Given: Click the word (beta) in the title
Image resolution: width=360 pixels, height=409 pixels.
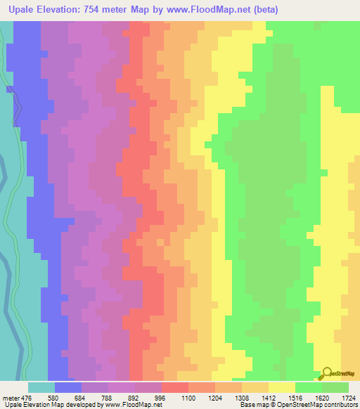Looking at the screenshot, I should [x=265, y=10].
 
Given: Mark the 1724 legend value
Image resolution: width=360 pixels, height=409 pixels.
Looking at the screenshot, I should [x=348, y=397].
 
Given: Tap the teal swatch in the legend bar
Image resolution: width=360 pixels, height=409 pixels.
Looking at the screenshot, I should [x=41, y=387].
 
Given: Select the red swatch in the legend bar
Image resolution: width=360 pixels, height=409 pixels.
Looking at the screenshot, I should [x=175, y=387].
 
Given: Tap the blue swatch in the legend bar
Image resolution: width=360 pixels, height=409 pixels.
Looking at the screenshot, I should [x=68, y=387].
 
